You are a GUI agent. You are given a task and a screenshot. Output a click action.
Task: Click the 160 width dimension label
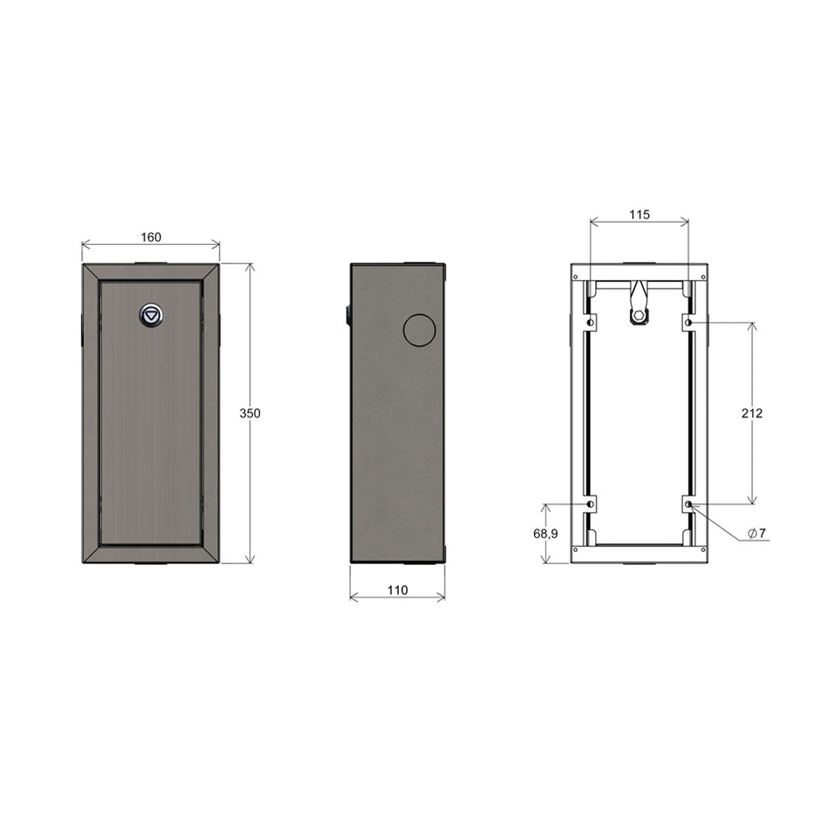[151, 237]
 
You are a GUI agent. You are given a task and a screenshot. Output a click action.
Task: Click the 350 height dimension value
[250, 413]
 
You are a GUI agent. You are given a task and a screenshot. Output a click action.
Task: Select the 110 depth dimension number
[397, 591]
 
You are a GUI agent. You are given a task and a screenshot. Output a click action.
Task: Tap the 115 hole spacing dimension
[640, 215]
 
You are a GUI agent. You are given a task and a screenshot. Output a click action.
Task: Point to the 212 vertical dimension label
[752, 413]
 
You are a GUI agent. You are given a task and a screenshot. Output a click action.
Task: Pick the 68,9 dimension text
[546, 533]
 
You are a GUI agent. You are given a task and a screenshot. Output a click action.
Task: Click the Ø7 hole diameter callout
[757, 533]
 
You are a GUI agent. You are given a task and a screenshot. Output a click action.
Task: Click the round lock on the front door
[151, 316]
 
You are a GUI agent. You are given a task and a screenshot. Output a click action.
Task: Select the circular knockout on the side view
[419, 330]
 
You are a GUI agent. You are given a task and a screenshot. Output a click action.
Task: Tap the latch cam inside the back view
[639, 305]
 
